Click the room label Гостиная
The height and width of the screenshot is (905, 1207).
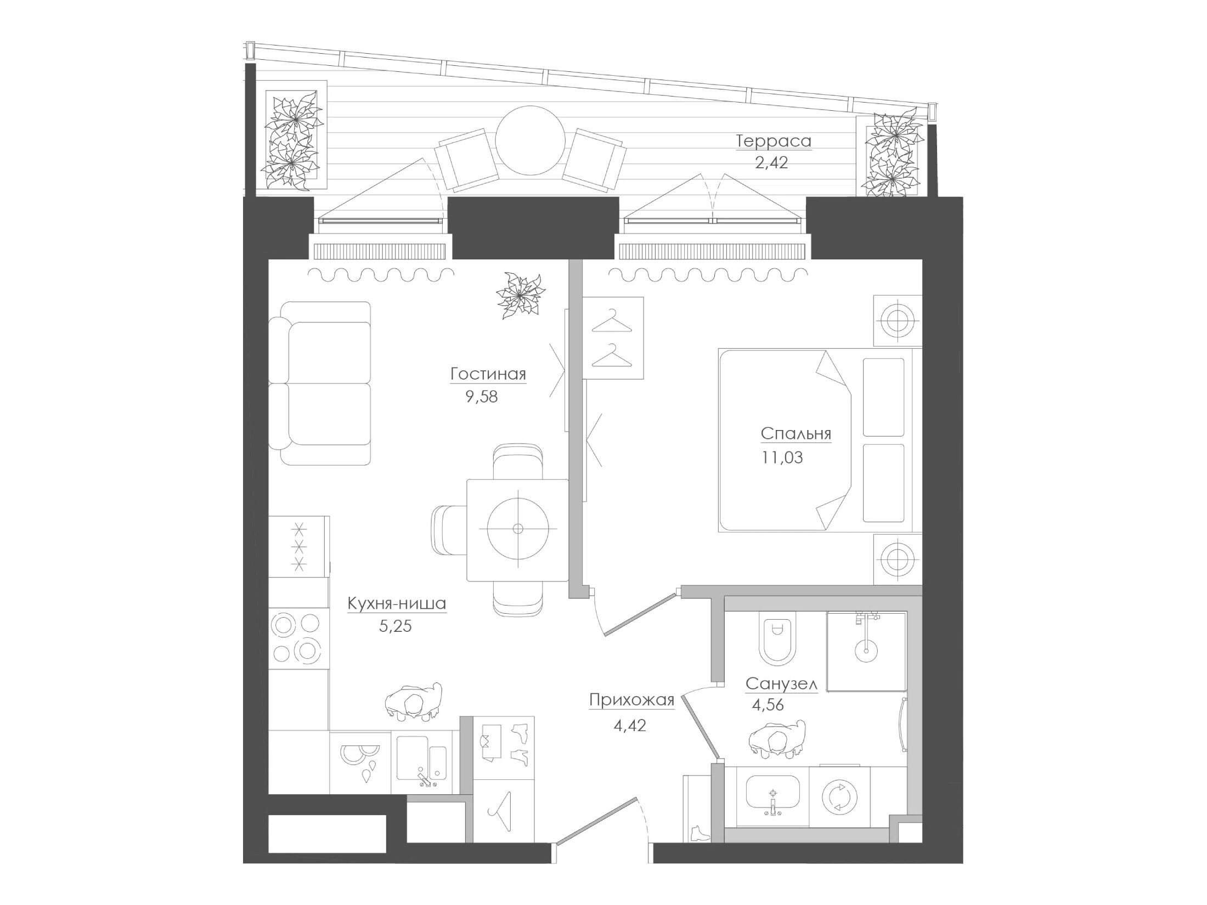pyautogui.click(x=488, y=374)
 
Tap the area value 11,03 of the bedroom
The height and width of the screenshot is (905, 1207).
pyautogui.click(x=782, y=457)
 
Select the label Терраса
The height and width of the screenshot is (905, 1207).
pyautogui.click(x=773, y=141)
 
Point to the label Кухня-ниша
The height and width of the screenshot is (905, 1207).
pyautogui.click(x=397, y=604)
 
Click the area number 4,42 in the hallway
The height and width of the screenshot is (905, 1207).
pyautogui.click(x=630, y=726)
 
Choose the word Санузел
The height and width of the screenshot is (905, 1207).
pyautogui.click(x=781, y=683)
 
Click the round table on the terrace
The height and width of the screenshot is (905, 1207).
pyautogui.click(x=530, y=141)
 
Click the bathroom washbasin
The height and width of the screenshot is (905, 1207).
pyautogui.click(x=772, y=795)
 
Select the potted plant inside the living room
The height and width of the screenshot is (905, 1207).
pyautogui.click(x=520, y=295)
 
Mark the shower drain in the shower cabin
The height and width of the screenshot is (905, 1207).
pyautogui.click(x=866, y=651)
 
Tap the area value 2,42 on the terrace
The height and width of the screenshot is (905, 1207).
pyautogui.click(x=771, y=163)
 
